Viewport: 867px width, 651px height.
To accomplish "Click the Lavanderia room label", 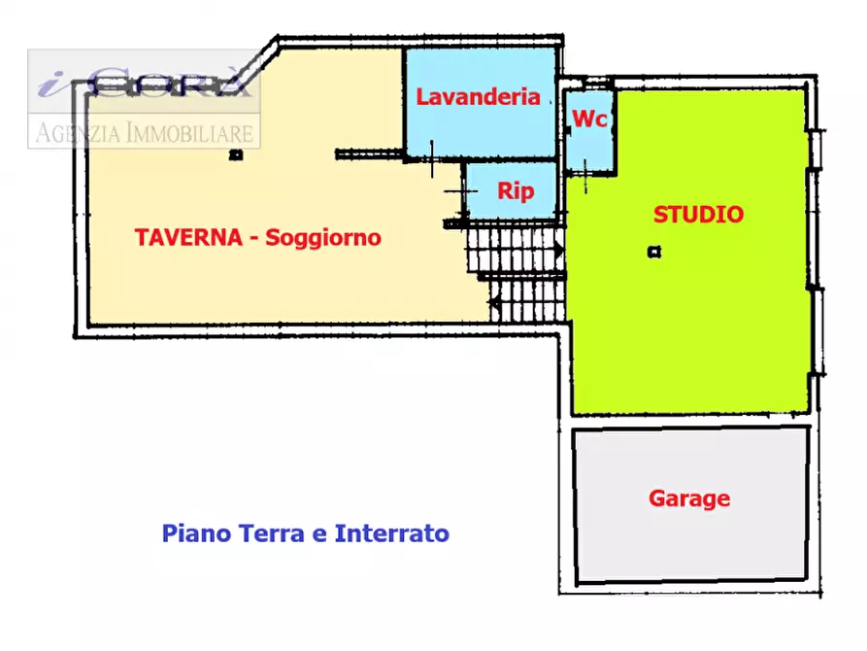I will coord(478,96).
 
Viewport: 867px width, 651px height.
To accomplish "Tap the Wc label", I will coord(589,120).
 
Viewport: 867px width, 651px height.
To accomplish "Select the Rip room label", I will coord(516,191).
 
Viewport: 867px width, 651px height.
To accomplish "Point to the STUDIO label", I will coord(698,215).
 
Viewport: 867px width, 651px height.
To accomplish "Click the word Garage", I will coord(689,498).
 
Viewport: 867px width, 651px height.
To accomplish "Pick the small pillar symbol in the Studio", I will coord(654,253).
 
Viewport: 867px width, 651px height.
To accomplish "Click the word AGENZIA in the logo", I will coord(77,132).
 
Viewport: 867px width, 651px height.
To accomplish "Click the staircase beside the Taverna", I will coord(515,272).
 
